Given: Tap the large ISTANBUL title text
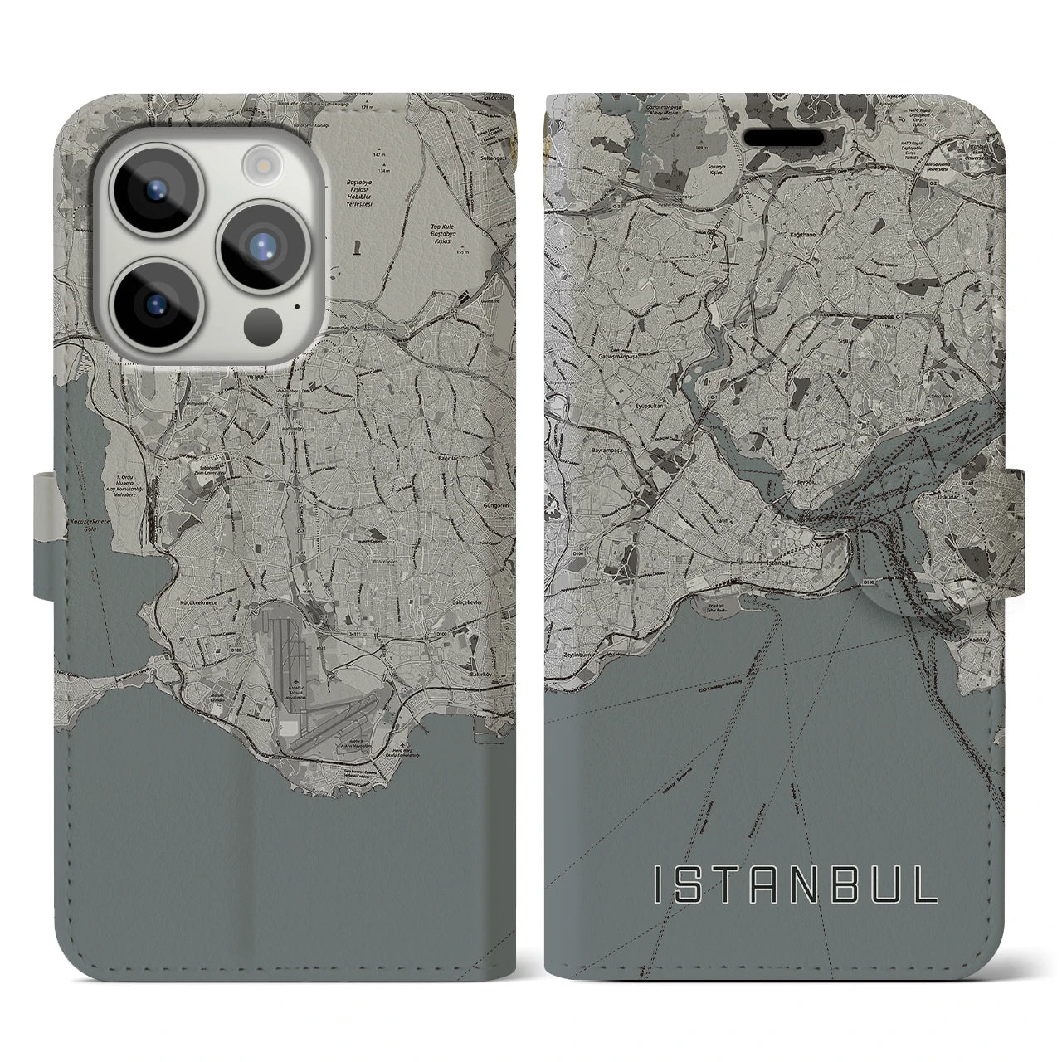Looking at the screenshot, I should (796, 885).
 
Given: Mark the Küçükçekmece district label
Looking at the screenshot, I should (198, 583).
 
